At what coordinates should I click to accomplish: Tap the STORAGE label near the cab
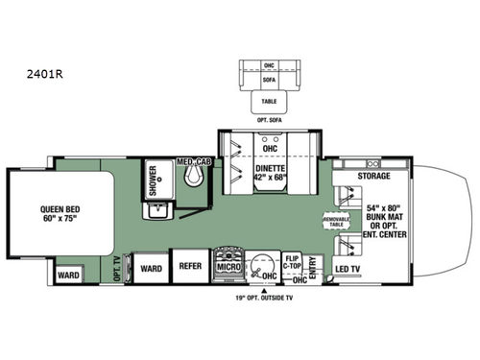click(x=373, y=176)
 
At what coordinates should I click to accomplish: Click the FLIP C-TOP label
click(x=295, y=260)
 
